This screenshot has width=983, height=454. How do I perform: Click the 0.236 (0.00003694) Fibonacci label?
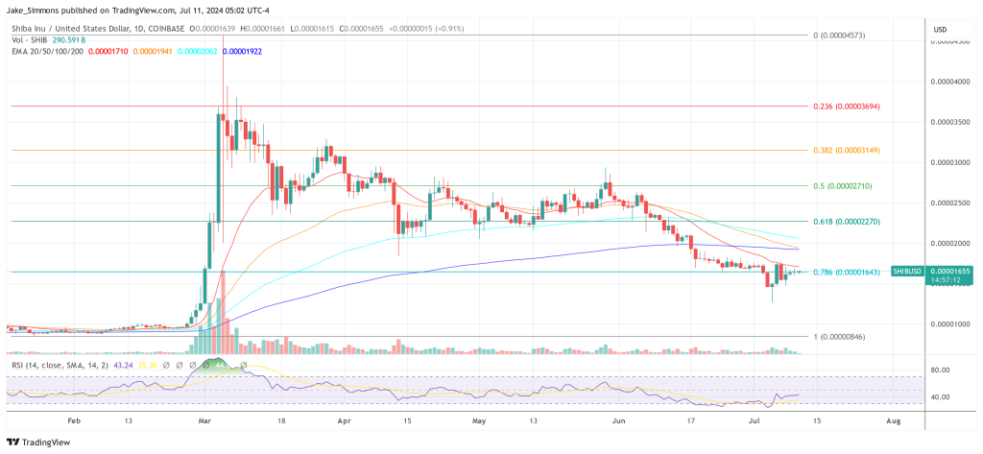[846, 107]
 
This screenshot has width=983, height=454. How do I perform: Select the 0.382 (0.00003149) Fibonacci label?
[846, 150]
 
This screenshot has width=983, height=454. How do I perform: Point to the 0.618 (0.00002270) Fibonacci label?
[846, 221]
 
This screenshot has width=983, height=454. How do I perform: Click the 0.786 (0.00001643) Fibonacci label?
[846, 272]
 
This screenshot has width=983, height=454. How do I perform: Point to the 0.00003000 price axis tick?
[950, 162]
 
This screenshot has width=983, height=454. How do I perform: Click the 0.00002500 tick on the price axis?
[950, 203]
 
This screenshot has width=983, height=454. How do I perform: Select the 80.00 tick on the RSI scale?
[940, 370]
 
